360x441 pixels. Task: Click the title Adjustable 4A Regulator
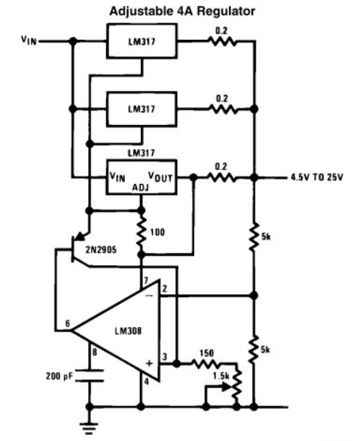[x=182, y=11]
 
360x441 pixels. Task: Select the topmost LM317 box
[x=142, y=41]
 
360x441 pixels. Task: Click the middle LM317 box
[x=142, y=109]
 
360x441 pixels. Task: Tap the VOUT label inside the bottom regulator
[x=160, y=176]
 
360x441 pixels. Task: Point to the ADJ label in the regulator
[x=141, y=187]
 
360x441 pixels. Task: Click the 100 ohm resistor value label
[x=157, y=232]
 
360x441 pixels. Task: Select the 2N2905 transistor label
[x=101, y=250]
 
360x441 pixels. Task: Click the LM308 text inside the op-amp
[x=128, y=331]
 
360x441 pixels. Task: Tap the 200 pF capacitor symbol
[x=90, y=376]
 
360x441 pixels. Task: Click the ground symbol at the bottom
[x=90, y=428]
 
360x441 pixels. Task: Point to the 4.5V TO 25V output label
[x=317, y=177]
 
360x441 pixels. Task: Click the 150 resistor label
[x=206, y=354]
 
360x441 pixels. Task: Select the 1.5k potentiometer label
[x=221, y=376]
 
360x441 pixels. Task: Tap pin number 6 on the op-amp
[x=68, y=323]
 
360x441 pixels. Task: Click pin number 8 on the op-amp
[x=94, y=352]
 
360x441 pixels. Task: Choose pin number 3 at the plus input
[x=165, y=357]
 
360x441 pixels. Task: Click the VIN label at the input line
[x=29, y=41]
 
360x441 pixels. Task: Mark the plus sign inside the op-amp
[x=149, y=363]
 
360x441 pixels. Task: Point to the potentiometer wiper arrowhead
[x=226, y=387]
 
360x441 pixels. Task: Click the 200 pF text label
[x=59, y=376]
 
